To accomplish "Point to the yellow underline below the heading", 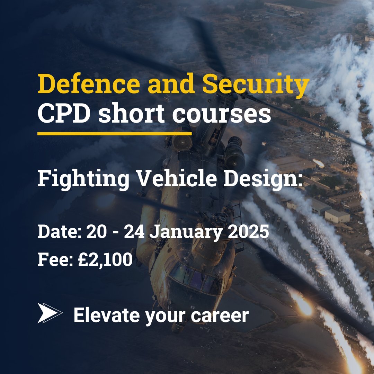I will (114, 133).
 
